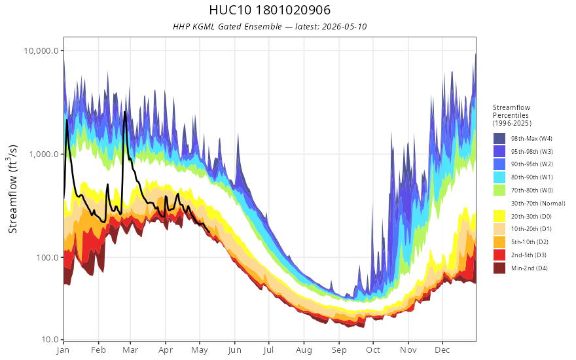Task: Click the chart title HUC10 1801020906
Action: tap(270, 10)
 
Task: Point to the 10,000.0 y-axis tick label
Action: tap(41, 50)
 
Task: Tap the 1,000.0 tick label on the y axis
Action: tap(44, 154)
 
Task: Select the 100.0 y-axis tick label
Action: tap(47, 257)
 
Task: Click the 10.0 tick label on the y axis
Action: tap(50, 340)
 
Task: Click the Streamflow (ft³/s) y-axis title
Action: tap(12, 189)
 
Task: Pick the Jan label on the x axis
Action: tap(63, 350)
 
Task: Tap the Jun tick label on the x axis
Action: tap(234, 350)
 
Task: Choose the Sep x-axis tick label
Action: tap(339, 350)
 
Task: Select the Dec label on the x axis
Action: tap(442, 350)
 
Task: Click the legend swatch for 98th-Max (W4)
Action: tap(499, 139)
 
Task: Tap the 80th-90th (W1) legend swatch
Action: tap(499, 177)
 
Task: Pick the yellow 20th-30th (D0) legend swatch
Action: tap(499, 217)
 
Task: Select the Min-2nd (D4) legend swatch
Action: tap(499, 268)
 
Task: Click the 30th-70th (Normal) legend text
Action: tap(538, 204)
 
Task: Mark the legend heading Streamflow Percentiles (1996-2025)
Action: tap(512, 115)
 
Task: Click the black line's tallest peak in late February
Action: tap(125, 112)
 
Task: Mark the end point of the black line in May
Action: tap(209, 232)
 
